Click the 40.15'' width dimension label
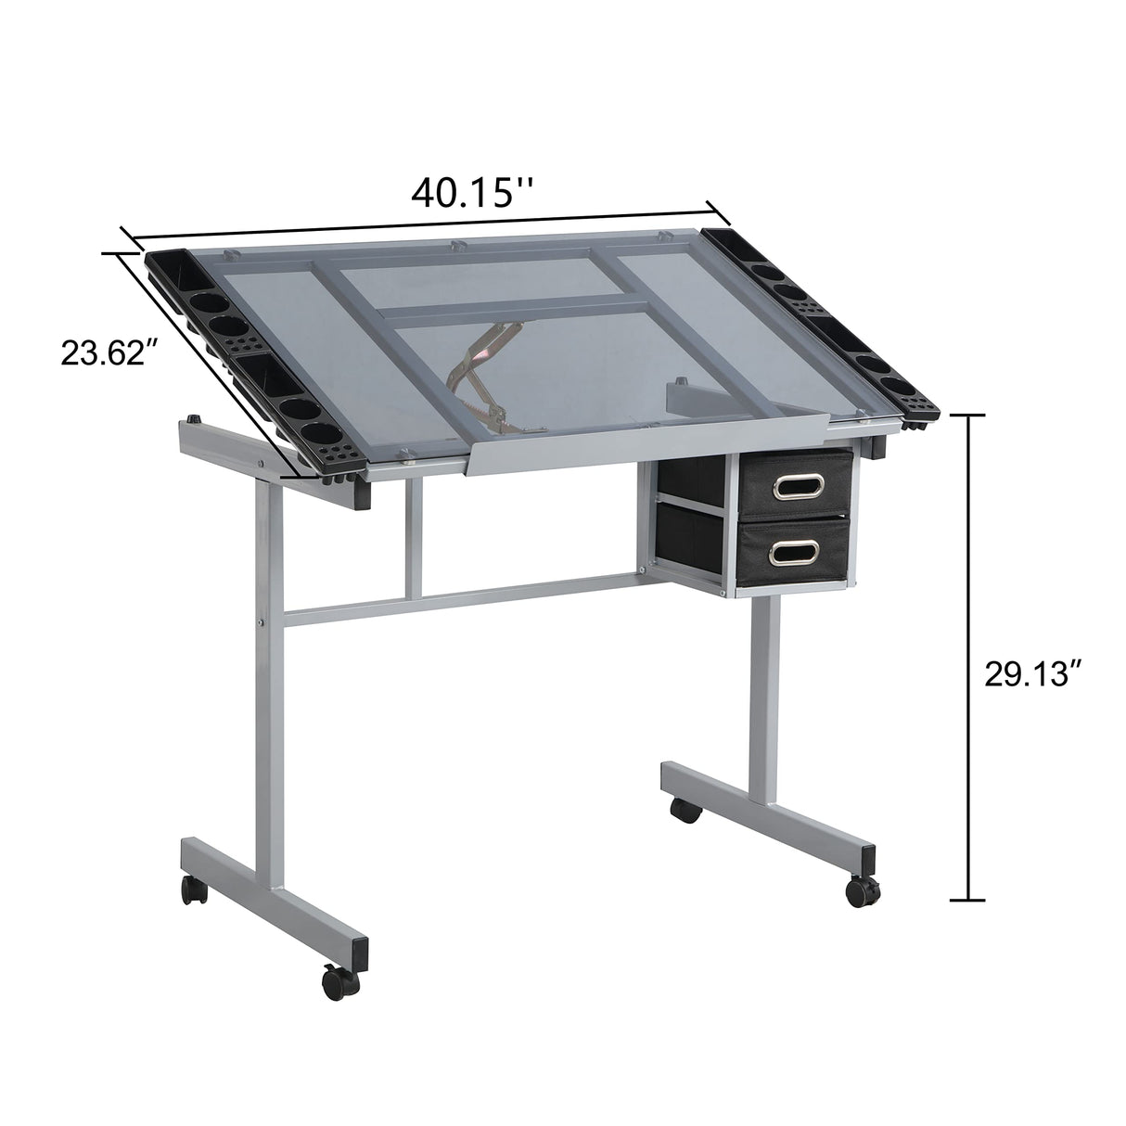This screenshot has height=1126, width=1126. (x=472, y=193)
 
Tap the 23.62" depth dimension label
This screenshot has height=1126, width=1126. (x=104, y=353)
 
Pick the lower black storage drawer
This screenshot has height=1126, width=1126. (x=795, y=552)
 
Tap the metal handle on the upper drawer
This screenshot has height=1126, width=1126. (x=796, y=484)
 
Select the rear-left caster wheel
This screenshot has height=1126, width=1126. (x=193, y=889)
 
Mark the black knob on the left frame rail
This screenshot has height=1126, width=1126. (x=195, y=419)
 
